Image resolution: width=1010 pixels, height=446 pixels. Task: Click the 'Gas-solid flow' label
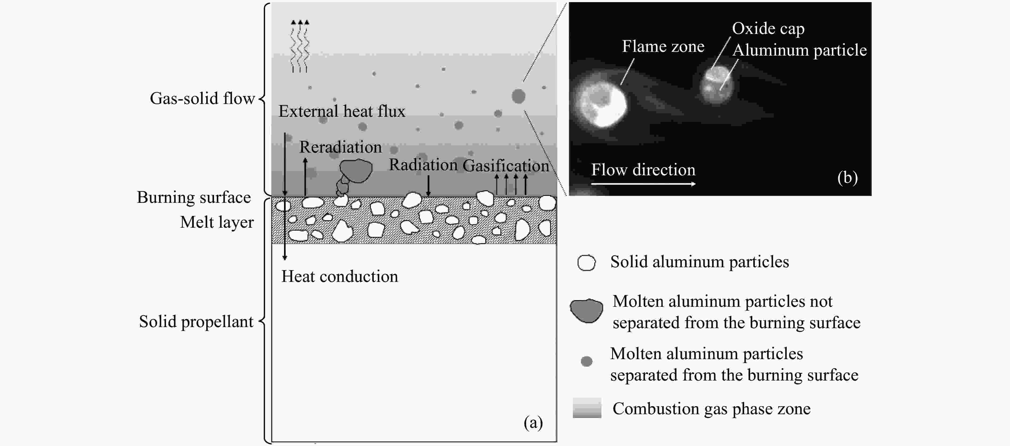(x=202, y=98)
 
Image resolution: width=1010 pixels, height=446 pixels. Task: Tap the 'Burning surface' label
(x=194, y=197)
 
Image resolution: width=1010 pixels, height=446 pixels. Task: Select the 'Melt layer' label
(x=217, y=222)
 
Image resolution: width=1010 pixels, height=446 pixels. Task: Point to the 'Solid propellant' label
(x=196, y=322)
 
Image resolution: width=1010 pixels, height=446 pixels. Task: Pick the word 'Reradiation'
(x=340, y=147)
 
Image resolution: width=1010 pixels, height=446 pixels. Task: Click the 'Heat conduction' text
(x=340, y=277)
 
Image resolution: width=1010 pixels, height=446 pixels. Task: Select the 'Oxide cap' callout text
(x=768, y=29)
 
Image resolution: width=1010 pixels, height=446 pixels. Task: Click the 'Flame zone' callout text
(x=663, y=46)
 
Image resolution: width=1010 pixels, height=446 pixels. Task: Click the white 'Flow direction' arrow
(x=643, y=184)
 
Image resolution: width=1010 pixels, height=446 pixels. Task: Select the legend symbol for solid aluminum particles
(x=586, y=263)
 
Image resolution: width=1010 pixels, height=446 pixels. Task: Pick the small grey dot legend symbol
(x=586, y=361)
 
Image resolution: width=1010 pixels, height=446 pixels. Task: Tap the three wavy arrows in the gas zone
(x=300, y=46)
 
